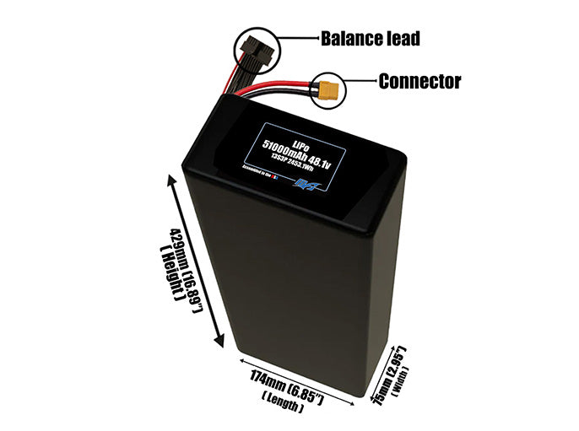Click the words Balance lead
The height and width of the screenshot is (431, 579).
[x=371, y=39]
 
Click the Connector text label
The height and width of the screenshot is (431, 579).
[x=419, y=82]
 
